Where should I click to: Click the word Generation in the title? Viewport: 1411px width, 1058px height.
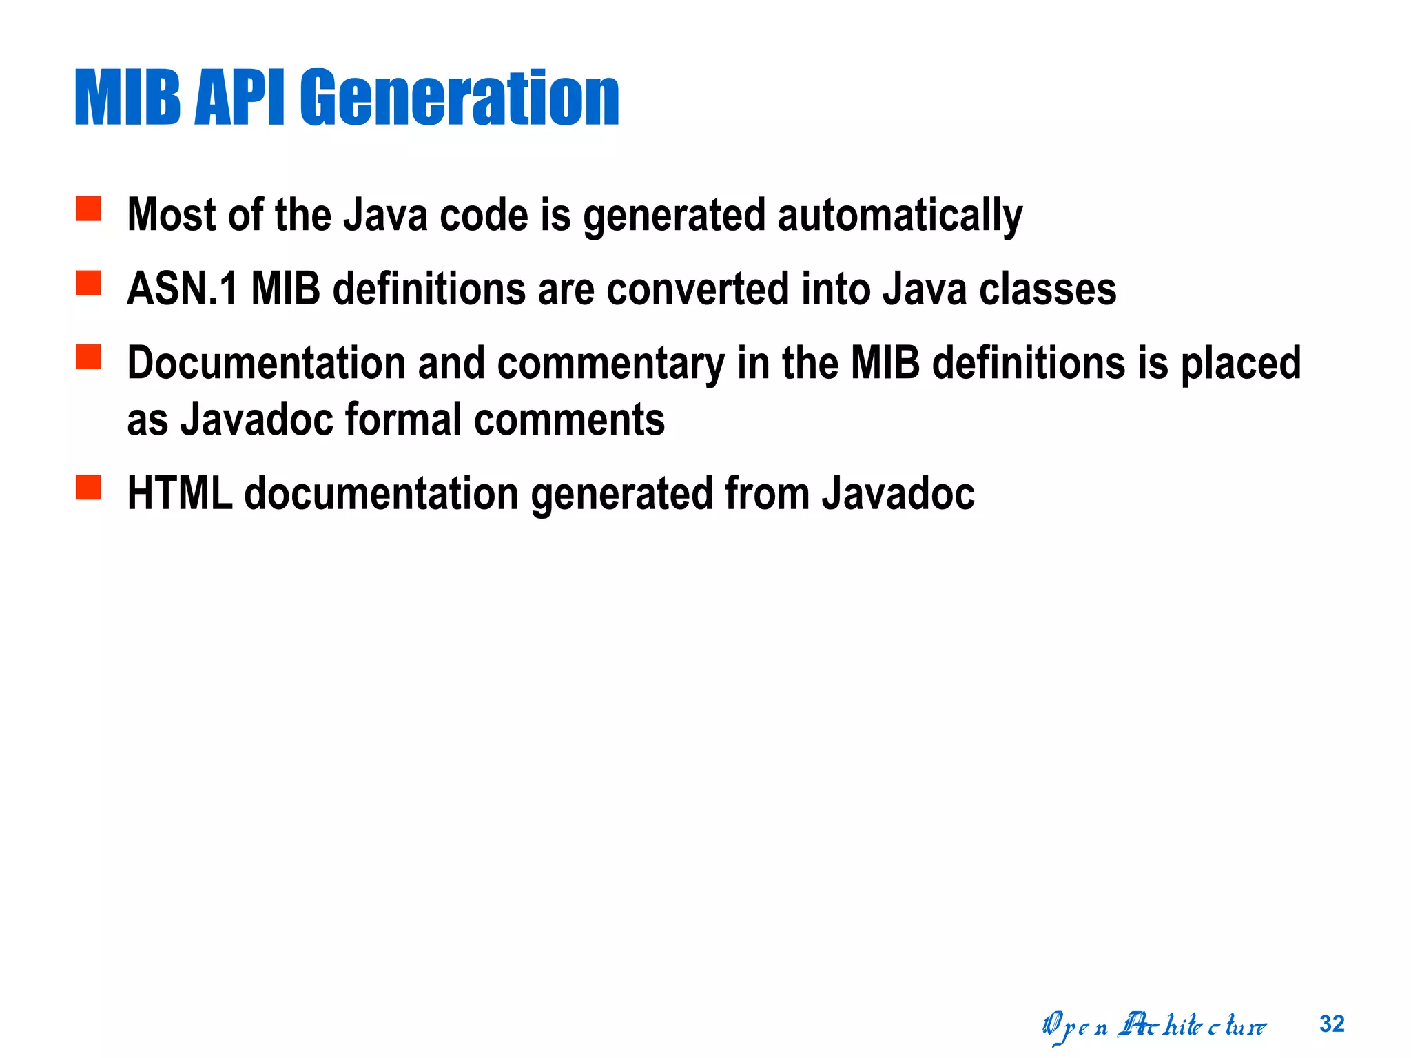click(460, 98)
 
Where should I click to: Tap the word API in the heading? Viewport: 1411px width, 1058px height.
click(239, 98)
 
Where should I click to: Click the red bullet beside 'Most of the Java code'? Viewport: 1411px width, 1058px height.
click(88, 208)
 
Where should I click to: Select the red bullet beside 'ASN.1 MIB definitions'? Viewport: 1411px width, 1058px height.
click(88, 282)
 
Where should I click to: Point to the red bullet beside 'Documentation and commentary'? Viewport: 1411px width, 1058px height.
click(88, 357)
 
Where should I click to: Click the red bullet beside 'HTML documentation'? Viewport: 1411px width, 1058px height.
click(88, 487)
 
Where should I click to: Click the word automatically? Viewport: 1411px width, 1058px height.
click(900, 216)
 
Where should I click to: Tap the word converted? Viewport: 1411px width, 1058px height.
click(697, 289)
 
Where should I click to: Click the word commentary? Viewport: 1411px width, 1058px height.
click(610, 363)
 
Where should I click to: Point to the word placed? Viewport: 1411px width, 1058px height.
click(1240, 363)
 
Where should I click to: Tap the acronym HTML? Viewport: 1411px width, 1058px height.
click(180, 494)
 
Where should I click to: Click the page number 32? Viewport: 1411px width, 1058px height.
click(1332, 1024)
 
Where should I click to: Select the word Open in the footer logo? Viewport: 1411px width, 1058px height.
click(1074, 1027)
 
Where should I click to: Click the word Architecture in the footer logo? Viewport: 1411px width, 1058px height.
click(1192, 1026)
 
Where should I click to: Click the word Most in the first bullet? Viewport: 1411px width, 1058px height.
click(172, 216)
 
